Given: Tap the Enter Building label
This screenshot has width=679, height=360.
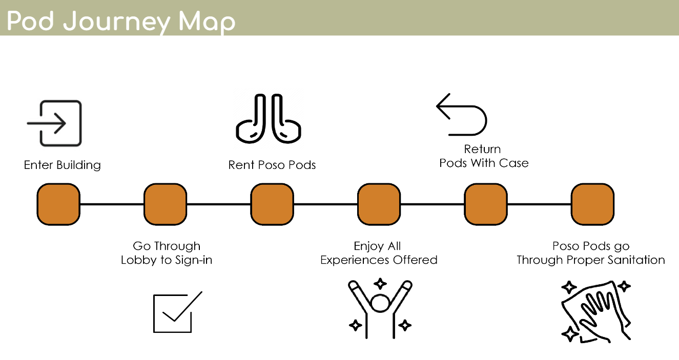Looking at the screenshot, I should [62, 165].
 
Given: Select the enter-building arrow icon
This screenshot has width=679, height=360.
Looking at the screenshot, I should [54, 123].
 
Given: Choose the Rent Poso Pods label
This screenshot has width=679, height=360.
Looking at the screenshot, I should [272, 165].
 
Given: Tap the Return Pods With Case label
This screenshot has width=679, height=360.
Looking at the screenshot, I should [483, 156].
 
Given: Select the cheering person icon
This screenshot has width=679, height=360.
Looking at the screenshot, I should [380, 308].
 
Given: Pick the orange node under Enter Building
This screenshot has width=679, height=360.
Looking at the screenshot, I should [58, 204].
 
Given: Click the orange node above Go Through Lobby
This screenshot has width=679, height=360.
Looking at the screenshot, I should [165, 204].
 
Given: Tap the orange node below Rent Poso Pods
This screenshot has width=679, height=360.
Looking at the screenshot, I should [272, 204].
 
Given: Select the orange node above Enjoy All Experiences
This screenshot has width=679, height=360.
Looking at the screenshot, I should [379, 204].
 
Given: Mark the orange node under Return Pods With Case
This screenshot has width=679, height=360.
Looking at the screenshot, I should [486, 204].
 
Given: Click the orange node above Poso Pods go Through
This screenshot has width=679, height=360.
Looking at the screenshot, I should [592, 204].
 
